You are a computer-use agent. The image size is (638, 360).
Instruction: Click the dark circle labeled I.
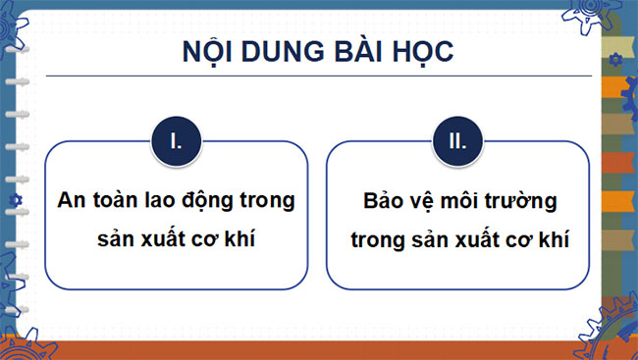pyautogui.click(x=177, y=140)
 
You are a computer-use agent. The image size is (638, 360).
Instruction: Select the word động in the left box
pyautogui.click(x=209, y=200)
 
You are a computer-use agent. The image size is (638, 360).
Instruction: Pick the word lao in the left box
pyautogui.click(x=162, y=200)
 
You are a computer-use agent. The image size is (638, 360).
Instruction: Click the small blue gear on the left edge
pyautogui.click(x=14, y=201)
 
